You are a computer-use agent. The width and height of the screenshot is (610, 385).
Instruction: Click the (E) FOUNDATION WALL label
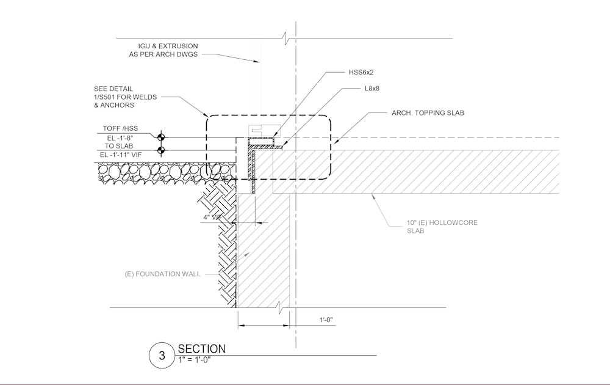pyautogui.click(x=162, y=274)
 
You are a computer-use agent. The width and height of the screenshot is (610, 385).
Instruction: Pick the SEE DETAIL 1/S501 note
pyautogui.click(x=113, y=97)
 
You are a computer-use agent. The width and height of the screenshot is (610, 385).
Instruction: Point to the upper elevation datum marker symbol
pyautogui.click(x=162, y=137)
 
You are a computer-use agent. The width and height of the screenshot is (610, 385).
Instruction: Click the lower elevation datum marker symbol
pyautogui.click(x=162, y=150)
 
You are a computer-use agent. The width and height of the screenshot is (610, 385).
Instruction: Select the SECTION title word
pyautogui.click(x=201, y=349)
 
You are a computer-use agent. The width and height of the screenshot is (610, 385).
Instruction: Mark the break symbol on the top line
pyautogui.click(x=286, y=38)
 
